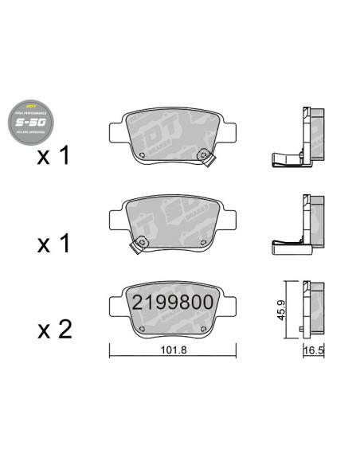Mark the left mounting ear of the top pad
click(x=115, y=129)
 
